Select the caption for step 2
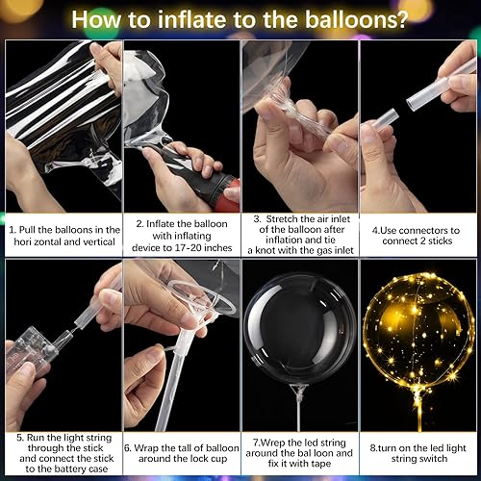click(x=181, y=237)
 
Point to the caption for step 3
click(x=299, y=237)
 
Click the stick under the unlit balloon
click(x=299, y=404)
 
